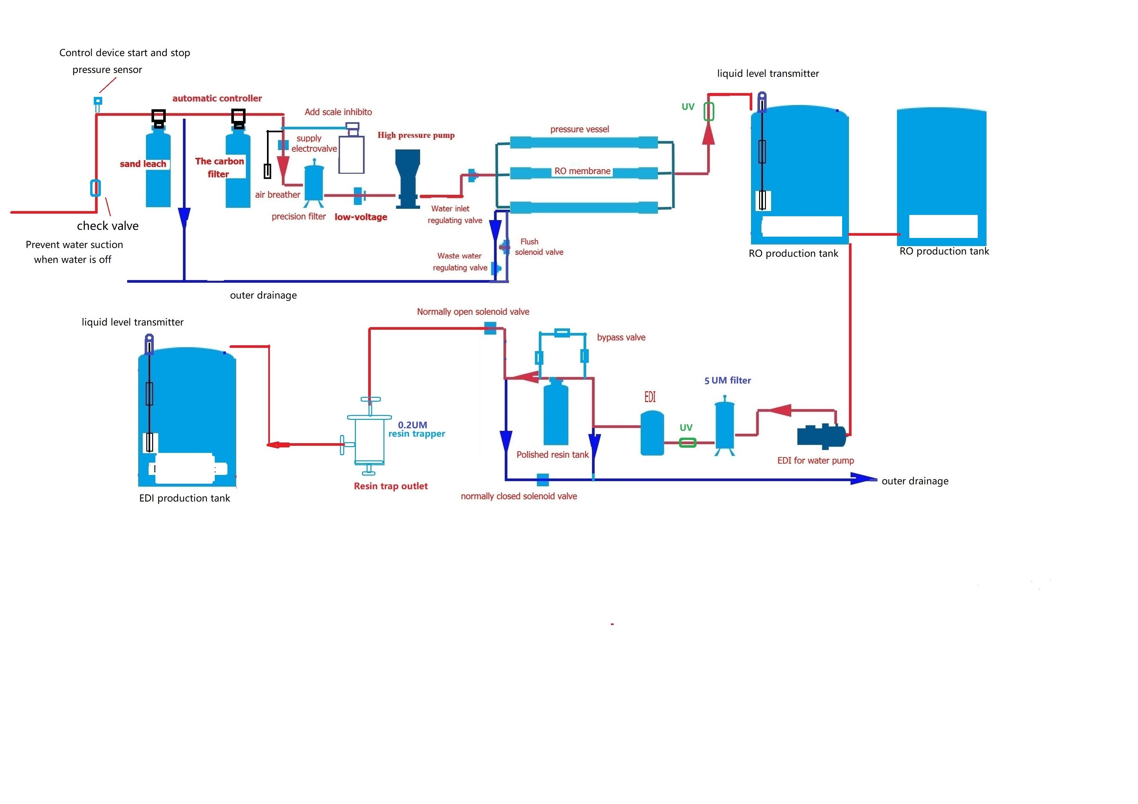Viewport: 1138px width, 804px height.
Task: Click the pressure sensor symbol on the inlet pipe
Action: pyautogui.click(x=98, y=101)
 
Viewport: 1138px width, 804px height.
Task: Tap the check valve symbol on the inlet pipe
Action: pyautogui.click(x=95, y=188)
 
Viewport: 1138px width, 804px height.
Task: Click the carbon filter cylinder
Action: pyautogui.click(x=238, y=191)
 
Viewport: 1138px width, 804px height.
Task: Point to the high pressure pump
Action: pyautogui.click(x=407, y=178)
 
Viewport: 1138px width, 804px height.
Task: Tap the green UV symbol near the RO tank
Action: pyautogui.click(x=709, y=112)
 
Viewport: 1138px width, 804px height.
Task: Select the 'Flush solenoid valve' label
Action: pyautogui.click(x=539, y=247)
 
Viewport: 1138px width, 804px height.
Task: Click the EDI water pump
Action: pyautogui.click(x=821, y=435)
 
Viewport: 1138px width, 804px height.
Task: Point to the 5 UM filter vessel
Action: pyautogui.click(x=725, y=425)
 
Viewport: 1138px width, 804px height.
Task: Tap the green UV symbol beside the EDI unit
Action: pyautogui.click(x=687, y=443)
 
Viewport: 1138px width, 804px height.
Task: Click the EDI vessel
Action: pyautogui.click(x=652, y=433)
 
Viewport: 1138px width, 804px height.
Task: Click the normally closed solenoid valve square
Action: pyautogui.click(x=543, y=479)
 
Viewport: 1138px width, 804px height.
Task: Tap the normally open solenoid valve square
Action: pyautogui.click(x=490, y=328)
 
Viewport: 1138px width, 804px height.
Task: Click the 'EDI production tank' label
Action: pyautogui.click(x=184, y=498)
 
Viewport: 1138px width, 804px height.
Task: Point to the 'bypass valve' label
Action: pyautogui.click(x=621, y=337)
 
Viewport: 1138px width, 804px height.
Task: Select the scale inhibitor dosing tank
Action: pyautogui.click(x=351, y=154)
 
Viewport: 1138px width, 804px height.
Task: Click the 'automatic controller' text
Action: pyautogui.click(x=217, y=99)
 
